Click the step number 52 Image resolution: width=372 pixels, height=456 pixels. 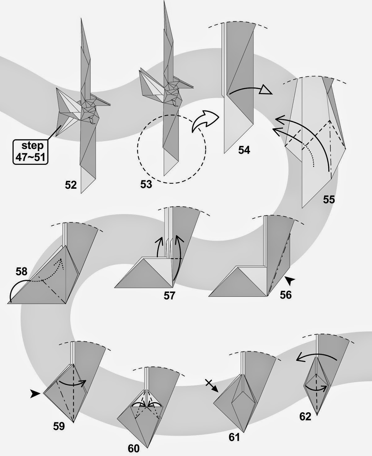coord(71,185)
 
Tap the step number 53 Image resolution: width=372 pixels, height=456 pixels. coord(146,184)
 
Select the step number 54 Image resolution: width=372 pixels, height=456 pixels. coord(244,150)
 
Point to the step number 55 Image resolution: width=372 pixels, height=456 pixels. coord(329,199)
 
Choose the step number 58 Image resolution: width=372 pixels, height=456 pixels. coord(21,272)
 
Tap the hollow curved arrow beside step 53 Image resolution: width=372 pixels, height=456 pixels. coord(205,121)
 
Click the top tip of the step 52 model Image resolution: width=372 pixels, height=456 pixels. coord(81,19)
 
